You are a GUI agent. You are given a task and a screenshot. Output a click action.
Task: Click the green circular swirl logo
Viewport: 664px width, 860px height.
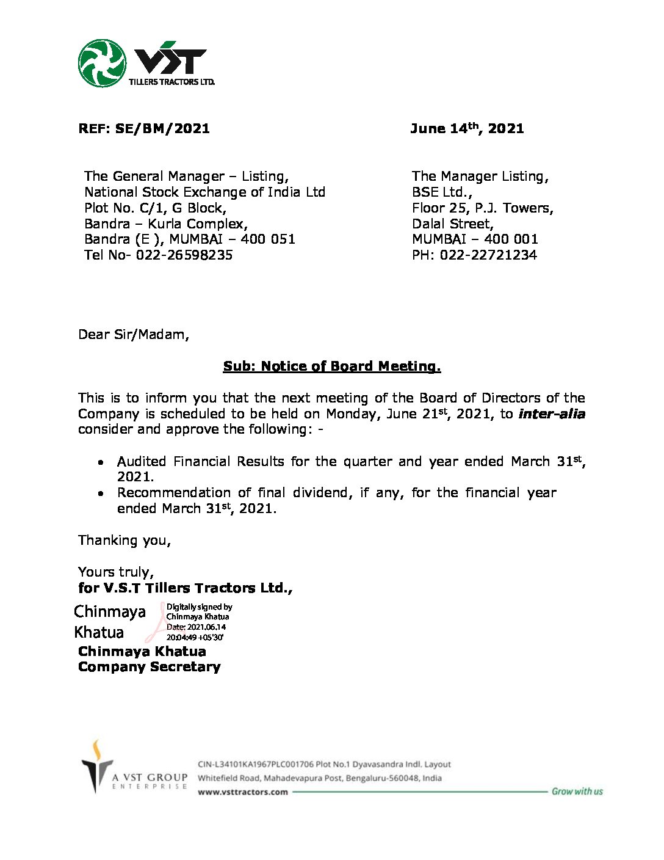102,63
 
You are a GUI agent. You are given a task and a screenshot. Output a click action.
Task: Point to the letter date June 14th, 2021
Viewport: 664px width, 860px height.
467,128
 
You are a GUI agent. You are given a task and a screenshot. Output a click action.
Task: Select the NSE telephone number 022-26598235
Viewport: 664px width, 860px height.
184,255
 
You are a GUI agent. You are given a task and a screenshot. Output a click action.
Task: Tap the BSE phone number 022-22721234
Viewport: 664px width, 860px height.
488,255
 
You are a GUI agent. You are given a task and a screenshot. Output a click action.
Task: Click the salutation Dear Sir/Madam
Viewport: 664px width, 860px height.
134,335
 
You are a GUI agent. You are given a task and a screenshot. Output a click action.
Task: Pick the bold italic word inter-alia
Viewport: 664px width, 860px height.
552,414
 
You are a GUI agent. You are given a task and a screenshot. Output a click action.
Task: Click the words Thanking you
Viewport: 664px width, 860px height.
125,541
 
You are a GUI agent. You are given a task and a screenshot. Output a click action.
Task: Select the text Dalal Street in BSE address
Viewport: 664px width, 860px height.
452,224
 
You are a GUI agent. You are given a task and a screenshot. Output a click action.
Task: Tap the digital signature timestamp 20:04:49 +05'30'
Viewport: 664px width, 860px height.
195,637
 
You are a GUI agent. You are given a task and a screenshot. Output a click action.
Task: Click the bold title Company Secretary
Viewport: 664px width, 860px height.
149,667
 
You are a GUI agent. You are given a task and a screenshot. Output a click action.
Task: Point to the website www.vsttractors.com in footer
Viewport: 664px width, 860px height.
242,792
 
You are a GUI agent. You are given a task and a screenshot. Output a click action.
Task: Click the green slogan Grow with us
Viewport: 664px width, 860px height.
577,792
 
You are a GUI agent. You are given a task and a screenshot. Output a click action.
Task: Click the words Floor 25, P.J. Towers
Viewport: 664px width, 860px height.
482,208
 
